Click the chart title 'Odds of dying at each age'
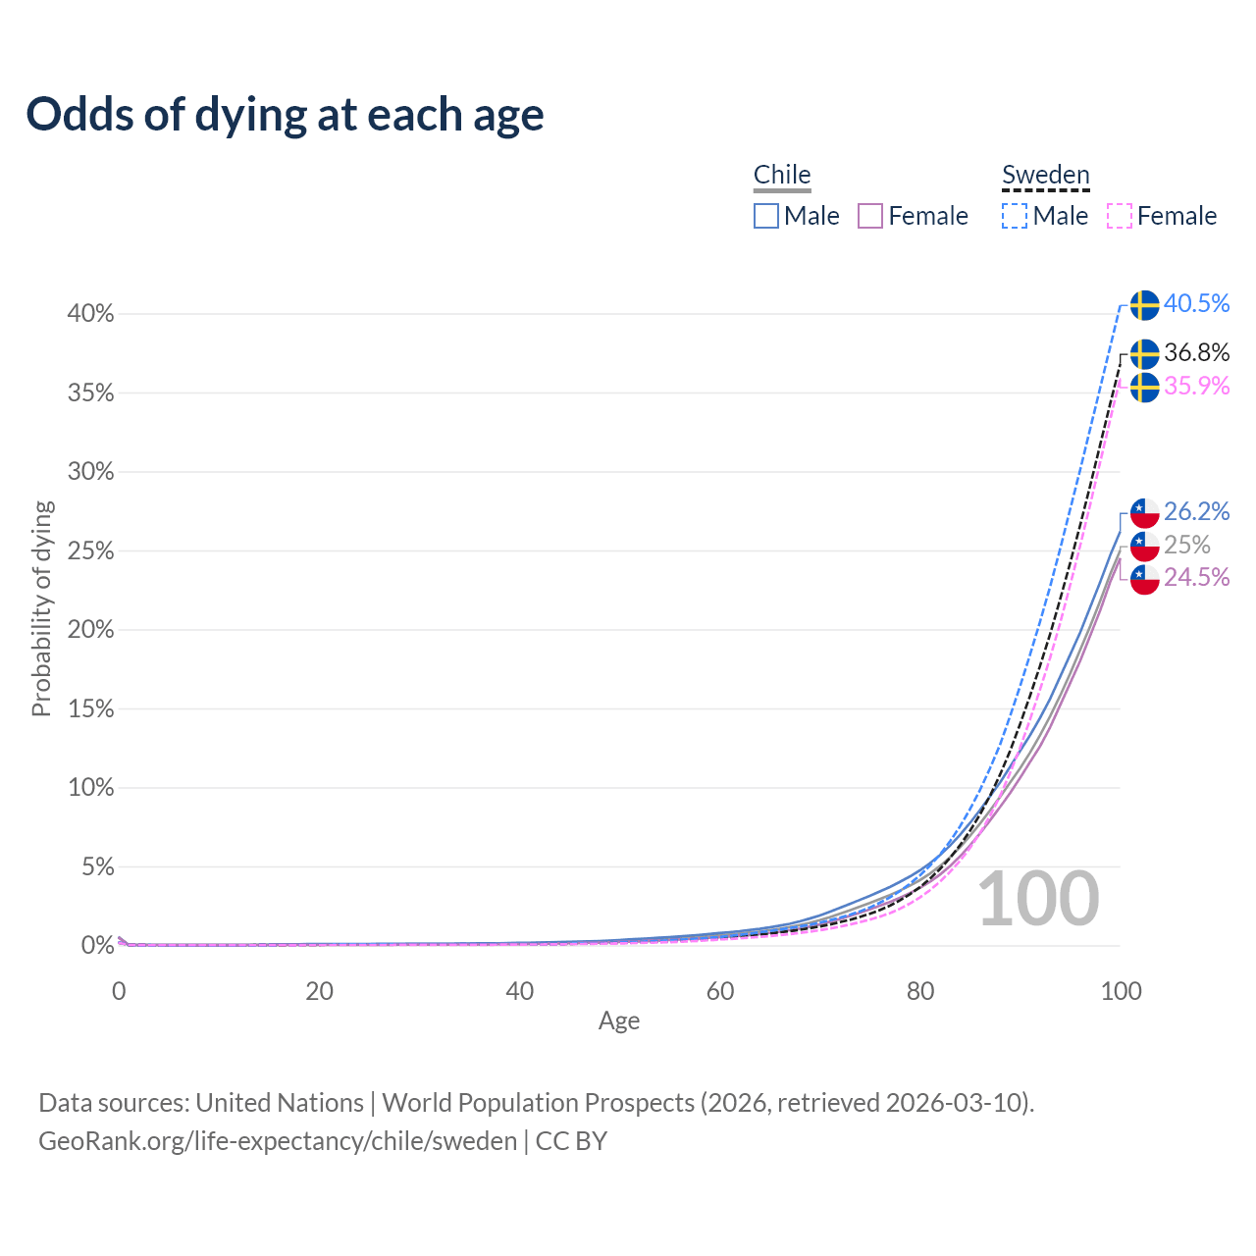(285, 115)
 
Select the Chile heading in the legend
(782, 175)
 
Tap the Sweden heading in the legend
(1045, 175)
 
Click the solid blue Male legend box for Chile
(766, 216)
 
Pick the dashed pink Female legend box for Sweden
(1120, 216)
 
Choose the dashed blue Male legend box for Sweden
(1015, 216)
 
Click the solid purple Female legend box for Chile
(870, 216)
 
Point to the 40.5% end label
(1196, 304)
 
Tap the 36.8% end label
(1196, 352)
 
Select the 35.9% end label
(1196, 386)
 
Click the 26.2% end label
(1196, 511)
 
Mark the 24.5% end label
(1196, 577)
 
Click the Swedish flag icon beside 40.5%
(1144, 305)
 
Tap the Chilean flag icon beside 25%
(1144, 546)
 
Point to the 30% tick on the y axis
(91, 472)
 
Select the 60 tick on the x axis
(720, 991)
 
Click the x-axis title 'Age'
(619, 1021)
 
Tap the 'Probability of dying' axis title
(41, 608)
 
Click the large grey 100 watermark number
(1038, 899)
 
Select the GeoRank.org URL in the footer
(278, 1141)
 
